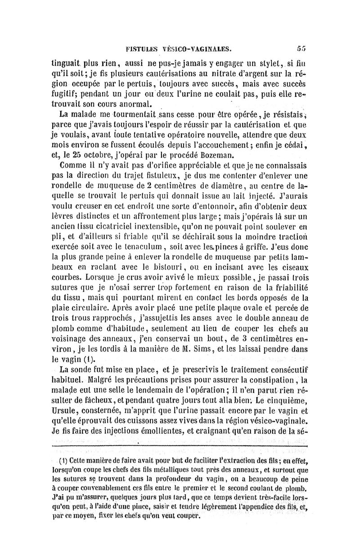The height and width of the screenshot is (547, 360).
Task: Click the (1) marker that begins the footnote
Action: coord(63,462)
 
